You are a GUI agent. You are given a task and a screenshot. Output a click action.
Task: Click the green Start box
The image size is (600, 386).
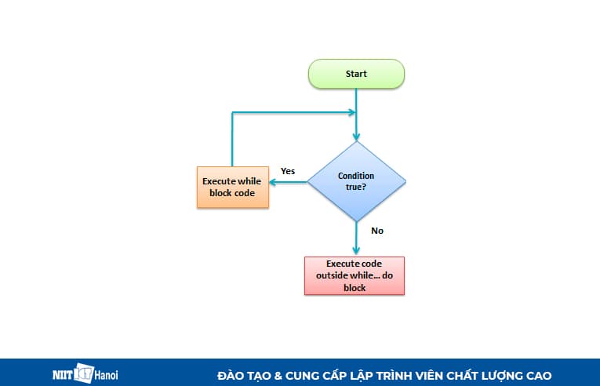click(x=356, y=74)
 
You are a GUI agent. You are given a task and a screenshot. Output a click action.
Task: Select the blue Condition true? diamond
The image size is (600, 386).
click(x=356, y=181)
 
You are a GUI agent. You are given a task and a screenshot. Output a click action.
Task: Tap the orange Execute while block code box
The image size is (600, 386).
click(x=232, y=187)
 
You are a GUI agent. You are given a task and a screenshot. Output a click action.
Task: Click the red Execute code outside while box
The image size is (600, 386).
click(x=355, y=275)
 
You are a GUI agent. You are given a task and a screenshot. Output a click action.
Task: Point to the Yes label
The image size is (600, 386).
click(x=288, y=171)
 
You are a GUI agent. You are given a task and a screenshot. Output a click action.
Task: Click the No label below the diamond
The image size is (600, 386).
click(x=377, y=231)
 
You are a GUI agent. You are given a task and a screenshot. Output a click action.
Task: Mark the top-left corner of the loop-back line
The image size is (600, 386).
click(x=232, y=113)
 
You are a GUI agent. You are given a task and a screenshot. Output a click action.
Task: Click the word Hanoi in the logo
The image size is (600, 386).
click(x=108, y=376)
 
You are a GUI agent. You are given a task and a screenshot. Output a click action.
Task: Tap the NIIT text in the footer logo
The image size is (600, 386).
click(x=62, y=376)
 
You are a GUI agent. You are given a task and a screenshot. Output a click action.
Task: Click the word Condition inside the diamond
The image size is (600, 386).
click(x=356, y=176)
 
